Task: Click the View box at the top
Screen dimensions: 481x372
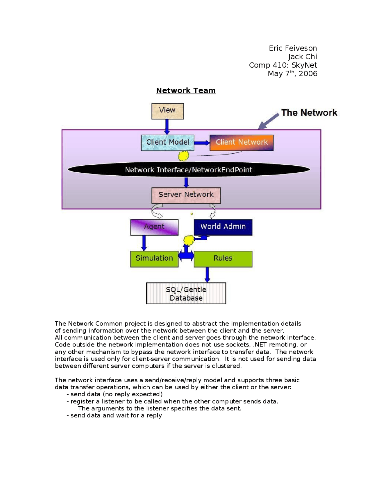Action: pyautogui.click(x=167, y=111)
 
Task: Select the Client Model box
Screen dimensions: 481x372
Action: pyautogui.click(x=167, y=143)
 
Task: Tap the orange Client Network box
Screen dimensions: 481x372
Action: pyautogui.click(x=241, y=143)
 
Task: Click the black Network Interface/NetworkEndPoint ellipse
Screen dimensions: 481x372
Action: pyautogui.click(x=189, y=170)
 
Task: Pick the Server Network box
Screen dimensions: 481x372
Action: pyautogui.click(x=186, y=195)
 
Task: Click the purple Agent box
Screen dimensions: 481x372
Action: pyautogui.click(x=154, y=227)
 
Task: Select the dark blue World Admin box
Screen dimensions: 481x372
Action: pyautogui.click(x=223, y=227)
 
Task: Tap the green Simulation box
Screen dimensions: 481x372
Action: pyautogui.click(x=154, y=259)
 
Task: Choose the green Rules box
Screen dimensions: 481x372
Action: pyautogui.click(x=223, y=259)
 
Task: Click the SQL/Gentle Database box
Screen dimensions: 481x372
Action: pyautogui.click(x=186, y=293)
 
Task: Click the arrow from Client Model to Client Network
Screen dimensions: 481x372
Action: pyautogui.click(x=202, y=143)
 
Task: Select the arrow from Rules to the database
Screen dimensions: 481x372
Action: pyautogui.click(x=207, y=274)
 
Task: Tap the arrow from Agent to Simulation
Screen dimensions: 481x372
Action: pyautogui.click(x=144, y=243)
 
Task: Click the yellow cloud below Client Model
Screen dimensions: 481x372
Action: pyautogui.click(x=183, y=156)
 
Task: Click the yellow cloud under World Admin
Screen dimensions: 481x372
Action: pyautogui.click(x=189, y=240)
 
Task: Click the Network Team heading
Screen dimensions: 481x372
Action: pyautogui.click(x=186, y=91)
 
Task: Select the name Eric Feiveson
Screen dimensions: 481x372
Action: pyautogui.click(x=293, y=48)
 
